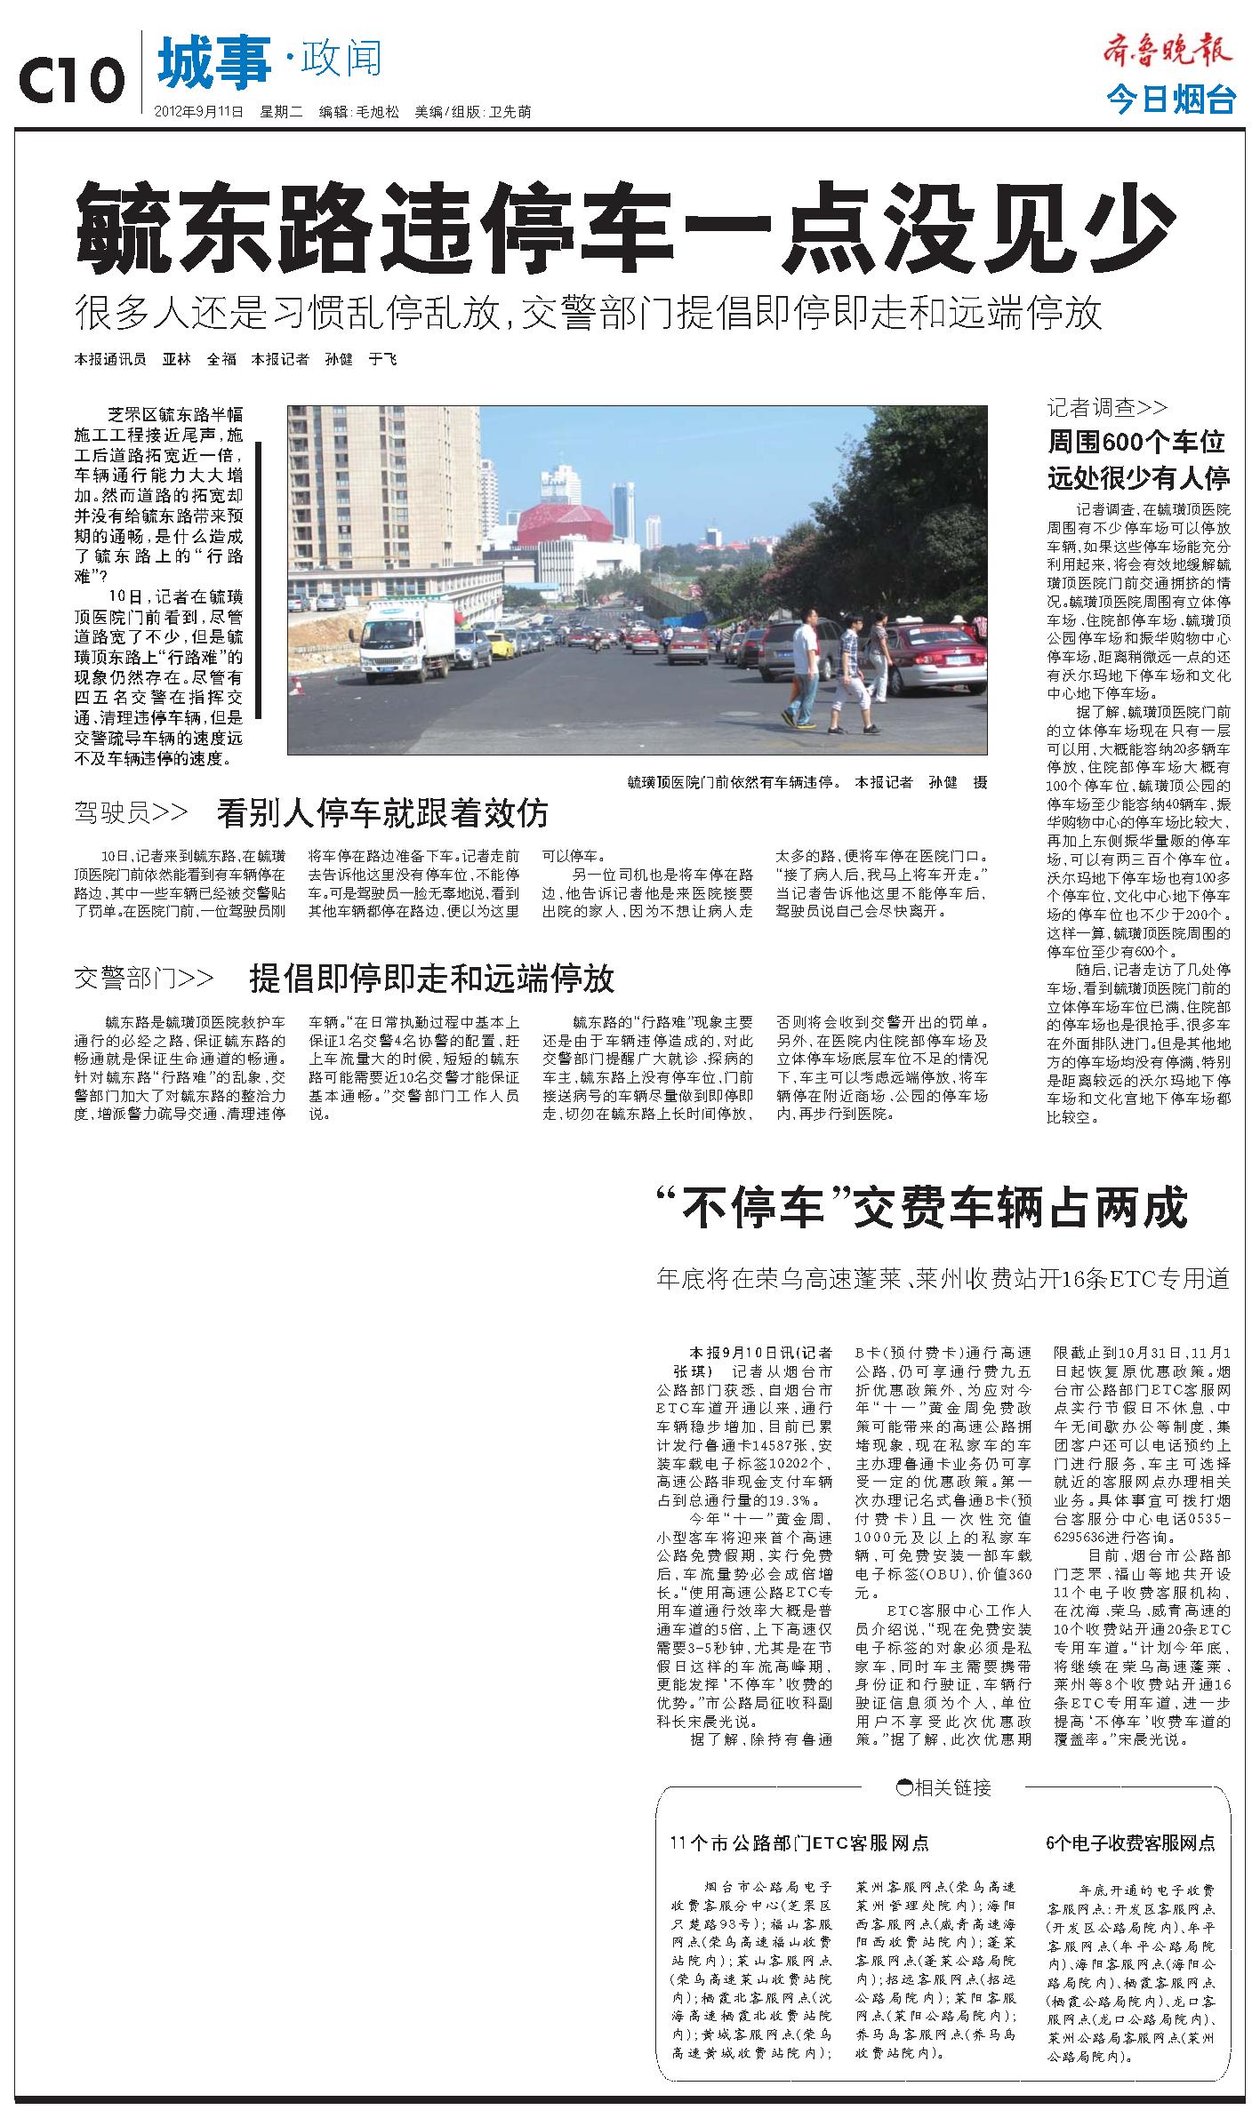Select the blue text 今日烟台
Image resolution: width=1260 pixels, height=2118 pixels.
click(1171, 100)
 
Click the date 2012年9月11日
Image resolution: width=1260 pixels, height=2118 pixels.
click(199, 113)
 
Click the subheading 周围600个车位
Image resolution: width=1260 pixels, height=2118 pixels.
click(1136, 442)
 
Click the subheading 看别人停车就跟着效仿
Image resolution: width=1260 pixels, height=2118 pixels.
click(382, 811)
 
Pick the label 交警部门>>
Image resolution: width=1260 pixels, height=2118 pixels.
click(144, 979)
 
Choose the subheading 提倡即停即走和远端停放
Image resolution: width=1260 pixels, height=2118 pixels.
click(431, 979)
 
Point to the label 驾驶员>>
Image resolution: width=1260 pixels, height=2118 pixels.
click(132, 811)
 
